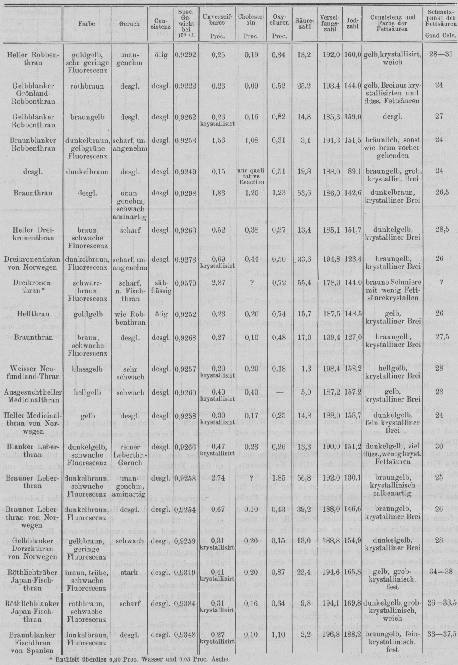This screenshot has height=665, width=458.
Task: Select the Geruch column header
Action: (x=129, y=24)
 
